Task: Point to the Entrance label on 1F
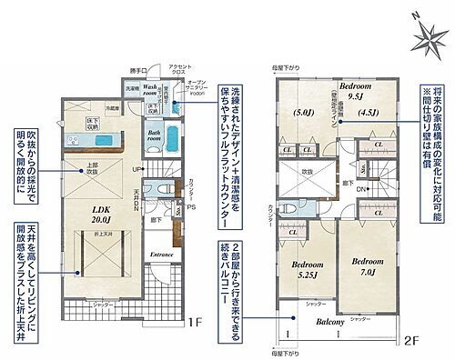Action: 162,254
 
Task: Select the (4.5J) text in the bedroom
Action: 367,114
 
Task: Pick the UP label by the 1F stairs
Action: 137,170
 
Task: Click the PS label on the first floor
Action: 194,206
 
